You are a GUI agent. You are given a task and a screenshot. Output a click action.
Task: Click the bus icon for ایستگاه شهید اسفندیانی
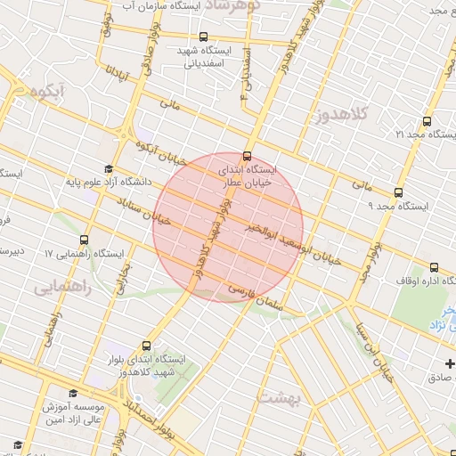coord(204,37)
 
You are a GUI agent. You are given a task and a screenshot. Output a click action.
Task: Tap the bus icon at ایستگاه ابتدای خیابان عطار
coord(247,155)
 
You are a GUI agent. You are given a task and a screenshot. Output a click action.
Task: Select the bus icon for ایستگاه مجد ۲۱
coord(427,121)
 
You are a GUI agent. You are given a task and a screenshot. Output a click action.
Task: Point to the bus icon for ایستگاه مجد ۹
coord(397,191)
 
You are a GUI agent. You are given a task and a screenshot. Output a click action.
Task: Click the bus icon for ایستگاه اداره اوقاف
coord(434,267)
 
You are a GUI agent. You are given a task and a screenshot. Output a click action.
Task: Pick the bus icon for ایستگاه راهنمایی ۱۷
coord(84,240)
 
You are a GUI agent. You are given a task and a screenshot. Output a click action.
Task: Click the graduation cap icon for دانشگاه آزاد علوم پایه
coord(109,168)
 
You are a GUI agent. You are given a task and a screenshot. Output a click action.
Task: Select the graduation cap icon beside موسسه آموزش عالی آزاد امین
coord(72,393)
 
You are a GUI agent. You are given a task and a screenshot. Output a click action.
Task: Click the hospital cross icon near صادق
coord(451,363)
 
